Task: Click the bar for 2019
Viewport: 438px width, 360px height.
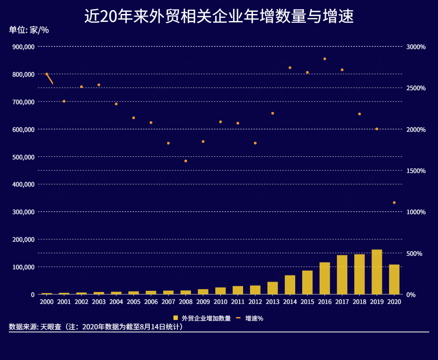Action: click(x=377, y=272)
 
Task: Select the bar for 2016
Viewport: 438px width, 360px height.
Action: click(x=325, y=278)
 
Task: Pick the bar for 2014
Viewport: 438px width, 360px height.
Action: click(x=290, y=285)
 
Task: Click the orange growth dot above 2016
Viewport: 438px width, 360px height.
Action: click(x=325, y=59)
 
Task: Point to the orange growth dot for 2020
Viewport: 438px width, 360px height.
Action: click(x=394, y=202)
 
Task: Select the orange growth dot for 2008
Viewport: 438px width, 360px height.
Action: click(x=186, y=161)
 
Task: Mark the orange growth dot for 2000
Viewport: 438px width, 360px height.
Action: click(x=47, y=74)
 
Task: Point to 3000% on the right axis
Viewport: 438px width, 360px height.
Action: click(x=416, y=47)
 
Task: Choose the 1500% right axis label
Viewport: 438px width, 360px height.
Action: click(x=416, y=171)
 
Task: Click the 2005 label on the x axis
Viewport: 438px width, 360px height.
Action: click(x=134, y=302)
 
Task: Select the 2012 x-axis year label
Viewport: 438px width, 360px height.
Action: click(x=255, y=302)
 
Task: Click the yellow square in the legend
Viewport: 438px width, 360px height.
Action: click(x=176, y=318)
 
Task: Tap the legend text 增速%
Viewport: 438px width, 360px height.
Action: click(x=254, y=318)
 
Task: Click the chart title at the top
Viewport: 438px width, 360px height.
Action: click(x=219, y=17)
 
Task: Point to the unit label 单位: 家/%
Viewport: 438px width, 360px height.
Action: click(x=29, y=31)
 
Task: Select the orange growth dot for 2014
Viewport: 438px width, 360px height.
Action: click(x=290, y=67)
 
